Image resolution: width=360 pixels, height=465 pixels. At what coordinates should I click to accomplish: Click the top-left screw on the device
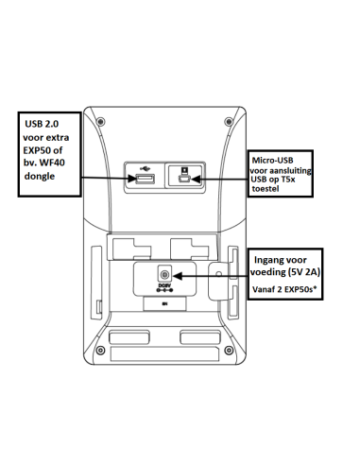click(101, 122)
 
